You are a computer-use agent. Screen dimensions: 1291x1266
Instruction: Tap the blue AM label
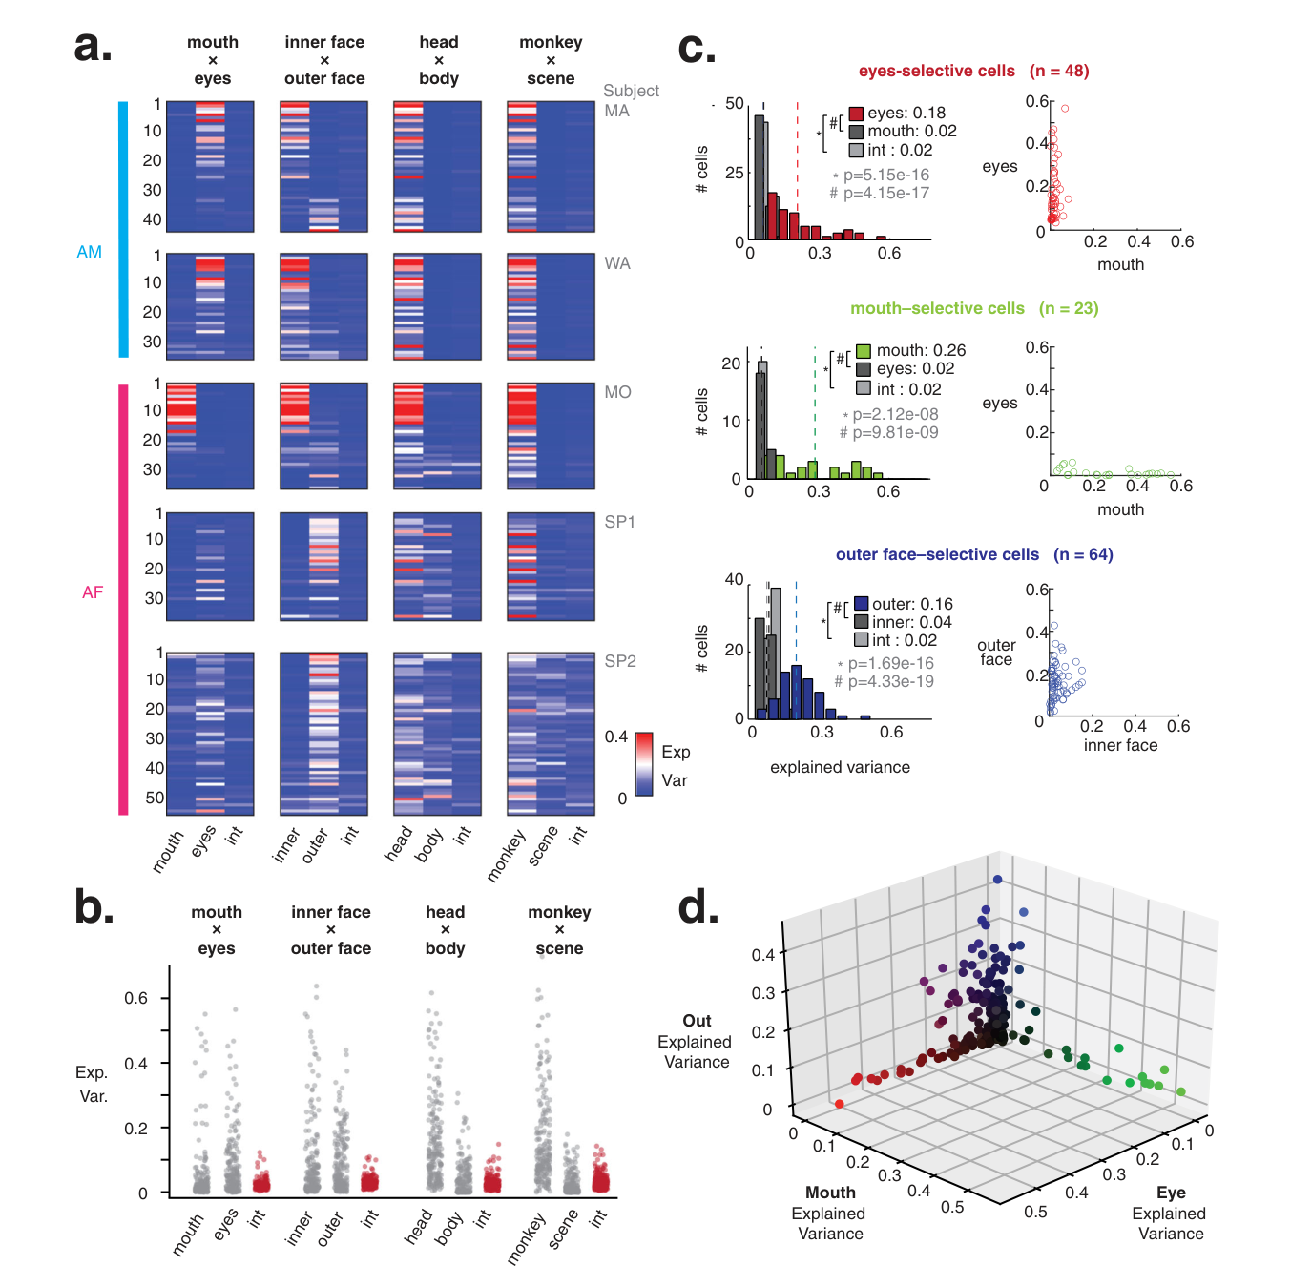point(89,252)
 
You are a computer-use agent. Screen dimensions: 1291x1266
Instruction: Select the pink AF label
point(93,592)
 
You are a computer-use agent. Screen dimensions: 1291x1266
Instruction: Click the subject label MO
point(617,392)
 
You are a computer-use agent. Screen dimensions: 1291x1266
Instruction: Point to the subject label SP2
point(619,661)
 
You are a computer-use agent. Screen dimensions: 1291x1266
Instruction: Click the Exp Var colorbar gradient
point(644,764)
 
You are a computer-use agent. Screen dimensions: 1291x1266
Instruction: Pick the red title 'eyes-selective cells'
point(937,71)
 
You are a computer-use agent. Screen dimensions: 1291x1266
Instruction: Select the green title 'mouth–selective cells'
point(937,308)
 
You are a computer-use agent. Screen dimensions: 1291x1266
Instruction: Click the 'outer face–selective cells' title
point(937,554)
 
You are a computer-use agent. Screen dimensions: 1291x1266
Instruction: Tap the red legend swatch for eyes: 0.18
point(856,114)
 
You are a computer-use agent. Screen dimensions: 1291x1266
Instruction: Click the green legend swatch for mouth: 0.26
point(864,350)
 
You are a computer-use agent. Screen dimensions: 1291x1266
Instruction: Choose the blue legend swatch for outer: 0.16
point(861,604)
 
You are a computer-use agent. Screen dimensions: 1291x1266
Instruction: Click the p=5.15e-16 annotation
point(885,175)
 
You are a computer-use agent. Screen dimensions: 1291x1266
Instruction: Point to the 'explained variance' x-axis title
point(840,767)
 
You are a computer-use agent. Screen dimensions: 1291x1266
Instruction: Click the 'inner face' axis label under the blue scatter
point(1120,745)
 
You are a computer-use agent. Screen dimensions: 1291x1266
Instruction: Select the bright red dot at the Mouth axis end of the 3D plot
point(840,1103)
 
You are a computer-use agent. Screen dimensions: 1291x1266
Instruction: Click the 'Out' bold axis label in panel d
point(697,1020)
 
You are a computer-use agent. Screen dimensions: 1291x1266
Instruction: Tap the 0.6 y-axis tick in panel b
point(136,998)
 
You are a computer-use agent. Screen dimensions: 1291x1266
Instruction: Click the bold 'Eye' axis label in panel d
point(1171,1193)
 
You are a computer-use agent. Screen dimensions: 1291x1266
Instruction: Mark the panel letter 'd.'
point(698,908)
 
